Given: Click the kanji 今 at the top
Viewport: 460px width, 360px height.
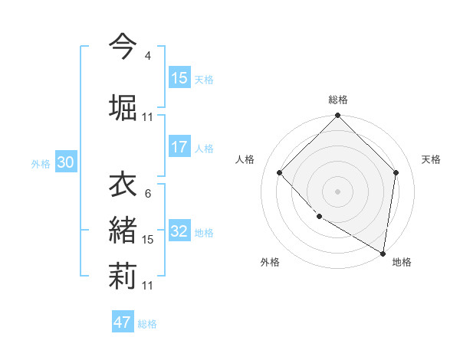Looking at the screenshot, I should pos(123,47).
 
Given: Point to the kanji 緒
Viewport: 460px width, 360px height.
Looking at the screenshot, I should pos(123,229).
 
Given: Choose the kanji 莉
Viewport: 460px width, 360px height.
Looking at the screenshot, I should pos(123,274).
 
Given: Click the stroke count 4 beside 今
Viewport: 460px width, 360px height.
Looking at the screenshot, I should pos(148,55).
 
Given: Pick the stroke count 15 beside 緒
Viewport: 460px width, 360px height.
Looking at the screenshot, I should pos(148,240).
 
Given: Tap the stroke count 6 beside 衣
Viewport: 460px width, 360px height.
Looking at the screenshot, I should pos(148,194).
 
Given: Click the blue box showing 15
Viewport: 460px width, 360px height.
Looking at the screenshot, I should pos(179,78).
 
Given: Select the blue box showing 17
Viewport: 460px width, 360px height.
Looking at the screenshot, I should pos(179,147).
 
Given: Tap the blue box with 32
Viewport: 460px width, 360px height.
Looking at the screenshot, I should pos(179,231).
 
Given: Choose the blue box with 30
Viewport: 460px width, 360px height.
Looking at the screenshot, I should pos(65,162).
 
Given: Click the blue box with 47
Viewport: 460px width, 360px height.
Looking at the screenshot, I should pos(123,322).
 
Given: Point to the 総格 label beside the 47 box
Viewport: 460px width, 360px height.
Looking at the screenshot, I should pos(147,324).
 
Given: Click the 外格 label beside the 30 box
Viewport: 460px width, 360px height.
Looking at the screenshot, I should pos(41,163).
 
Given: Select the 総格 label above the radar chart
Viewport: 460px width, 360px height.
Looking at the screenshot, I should pos(337,100).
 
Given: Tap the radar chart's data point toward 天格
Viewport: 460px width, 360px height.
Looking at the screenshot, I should pos(396,172).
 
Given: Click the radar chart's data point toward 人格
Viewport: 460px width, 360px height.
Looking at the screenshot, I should pos(280,172).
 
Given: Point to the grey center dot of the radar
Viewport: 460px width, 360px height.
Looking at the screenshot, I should pos(337,191).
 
